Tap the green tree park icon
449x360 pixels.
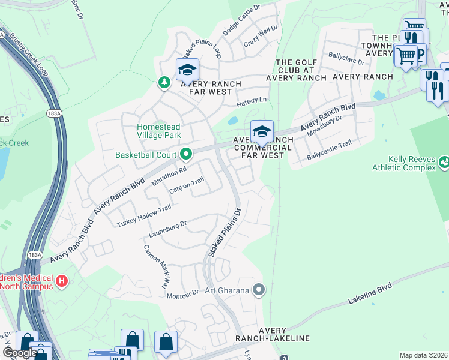pyautogui.click(x=163, y=82)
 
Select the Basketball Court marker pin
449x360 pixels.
pyautogui.click(x=186, y=155)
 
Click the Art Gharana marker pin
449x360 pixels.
pyautogui.click(x=259, y=290)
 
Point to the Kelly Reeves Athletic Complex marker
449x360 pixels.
pyautogui.click(x=444, y=161)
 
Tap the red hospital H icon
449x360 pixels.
pyautogui.click(x=61, y=281)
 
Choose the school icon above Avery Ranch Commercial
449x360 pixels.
pyautogui.click(x=262, y=131)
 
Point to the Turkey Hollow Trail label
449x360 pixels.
pyautogui.click(x=144, y=216)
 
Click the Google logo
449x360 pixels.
pyautogui.click(x=19, y=353)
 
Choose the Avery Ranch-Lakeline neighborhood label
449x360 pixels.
pyautogui.click(x=285, y=334)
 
